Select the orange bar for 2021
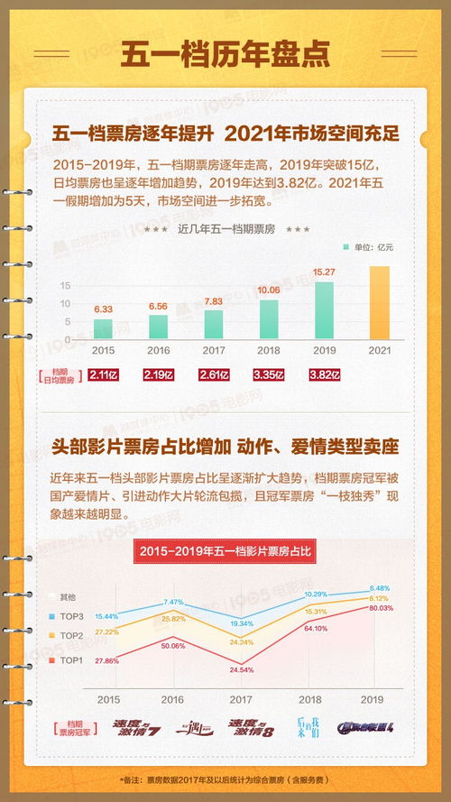pyautogui.click(x=380, y=302)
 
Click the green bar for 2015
pyautogui.click(x=104, y=328)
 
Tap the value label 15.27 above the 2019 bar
pyautogui.click(x=324, y=272)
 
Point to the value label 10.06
pyautogui.click(x=269, y=290)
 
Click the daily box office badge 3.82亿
pyautogui.click(x=324, y=374)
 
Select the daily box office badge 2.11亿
pyautogui.click(x=104, y=374)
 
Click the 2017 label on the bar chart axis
pyautogui.click(x=214, y=350)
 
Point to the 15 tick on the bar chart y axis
pyautogui.click(x=65, y=285)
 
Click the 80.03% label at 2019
pyautogui.click(x=380, y=608)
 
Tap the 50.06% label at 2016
pyautogui.click(x=172, y=646)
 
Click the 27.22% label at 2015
pyautogui.click(x=107, y=632)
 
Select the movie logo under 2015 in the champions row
pyautogui.click(x=134, y=726)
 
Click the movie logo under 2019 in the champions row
pyautogui.click(x=366, y=726)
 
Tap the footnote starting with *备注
pyautogui.click(x=225, y=779)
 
